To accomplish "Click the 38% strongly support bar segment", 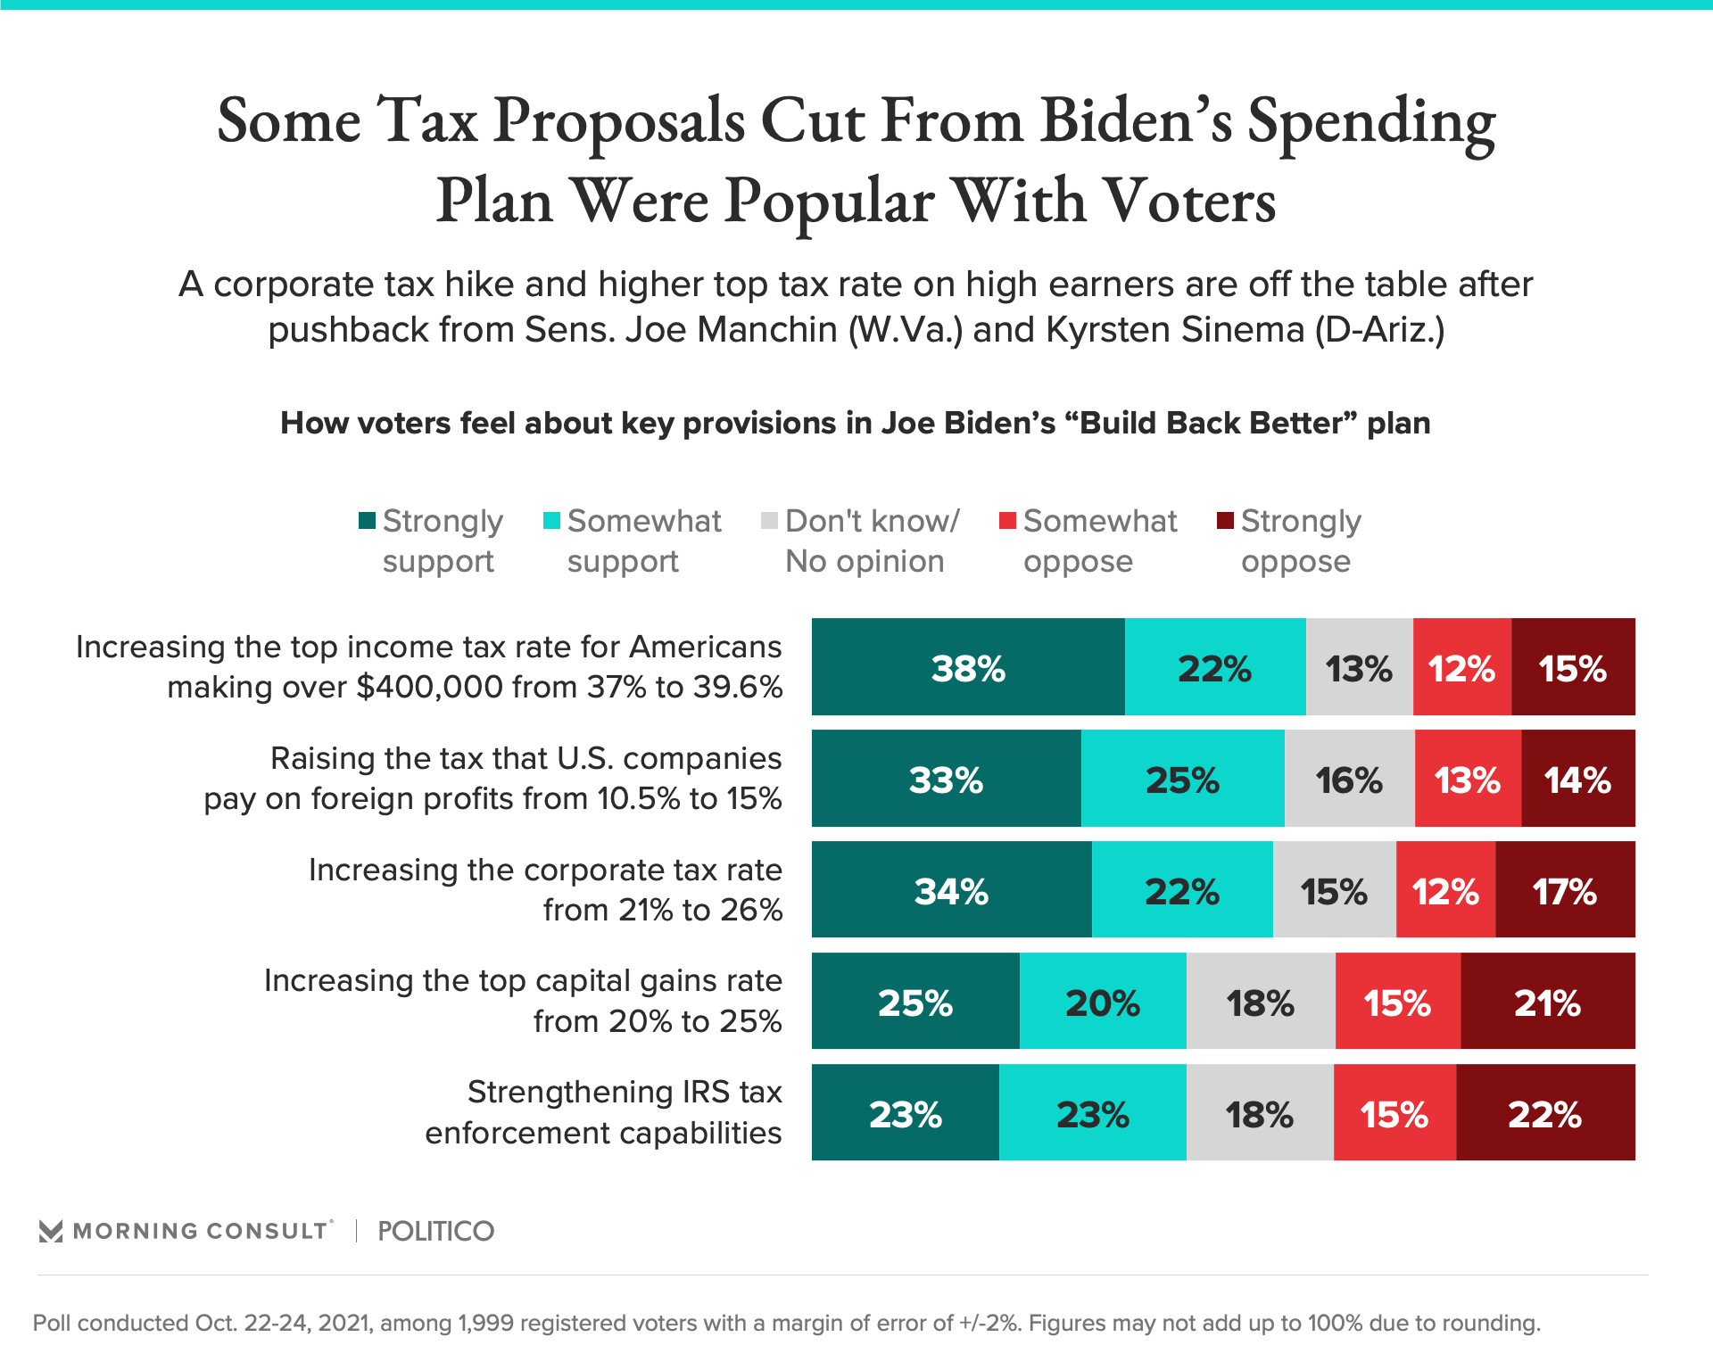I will click(968, 667).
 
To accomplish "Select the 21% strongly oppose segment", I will click(1548, 1002).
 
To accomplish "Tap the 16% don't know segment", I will click(1349, 779).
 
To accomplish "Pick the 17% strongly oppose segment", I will click(1565, 890).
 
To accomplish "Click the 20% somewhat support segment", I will click(1103, 1002).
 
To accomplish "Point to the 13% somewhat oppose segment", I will click(1468, 779).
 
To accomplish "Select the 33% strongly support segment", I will click(946, 779).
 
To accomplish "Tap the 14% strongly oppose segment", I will click(1577, 779).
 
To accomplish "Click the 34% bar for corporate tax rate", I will click(951, 890).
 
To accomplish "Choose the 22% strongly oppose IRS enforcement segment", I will click(1545, 1113).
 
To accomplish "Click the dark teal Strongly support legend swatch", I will click(367, 521).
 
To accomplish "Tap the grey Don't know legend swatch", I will click(769, 521).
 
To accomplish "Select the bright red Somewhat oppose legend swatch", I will click(1007, 521).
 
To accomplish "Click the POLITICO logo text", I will click(435, 1231).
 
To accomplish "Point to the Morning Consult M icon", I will click(51, 1232).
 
